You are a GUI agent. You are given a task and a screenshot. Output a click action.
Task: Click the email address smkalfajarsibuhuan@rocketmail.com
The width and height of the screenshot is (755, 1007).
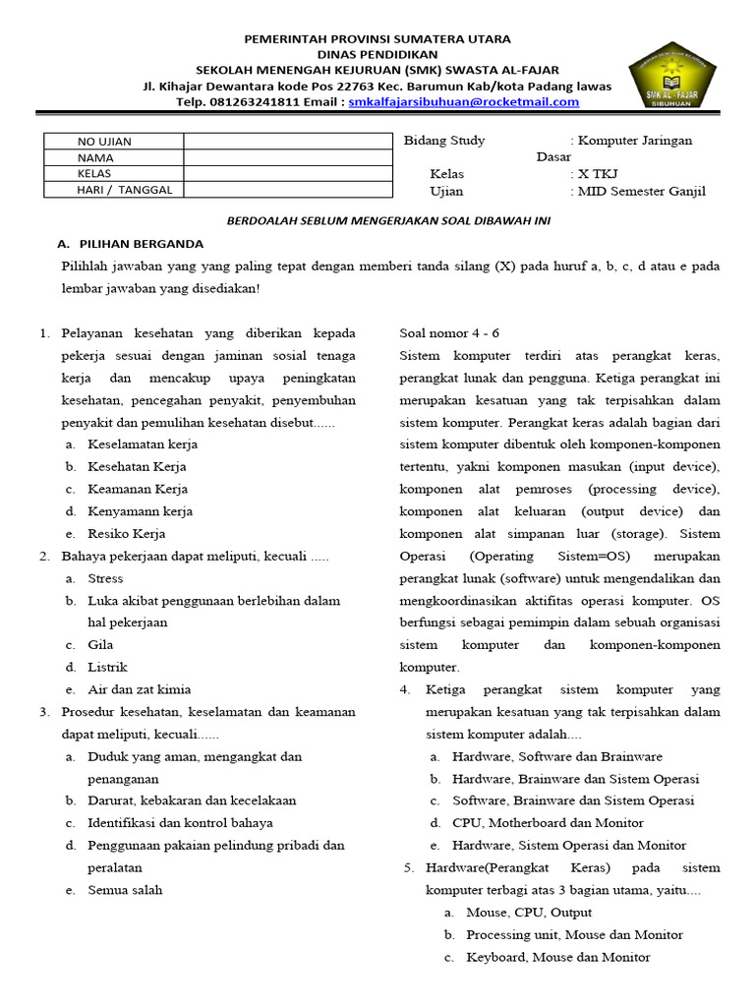coord(464,101)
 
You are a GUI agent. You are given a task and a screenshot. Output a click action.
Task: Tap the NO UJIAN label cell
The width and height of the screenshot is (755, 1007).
coord(113,141)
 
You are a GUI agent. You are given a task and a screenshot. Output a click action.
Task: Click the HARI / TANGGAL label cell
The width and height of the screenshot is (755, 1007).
coord(113,190)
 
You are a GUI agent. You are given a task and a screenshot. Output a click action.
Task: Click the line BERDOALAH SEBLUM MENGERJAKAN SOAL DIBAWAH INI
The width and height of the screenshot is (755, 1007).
coord(389,220)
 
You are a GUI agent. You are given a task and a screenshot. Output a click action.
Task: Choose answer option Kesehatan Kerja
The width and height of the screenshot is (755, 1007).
coord(137,466)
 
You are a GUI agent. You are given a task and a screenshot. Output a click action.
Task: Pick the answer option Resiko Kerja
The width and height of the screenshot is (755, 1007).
coord(127,533)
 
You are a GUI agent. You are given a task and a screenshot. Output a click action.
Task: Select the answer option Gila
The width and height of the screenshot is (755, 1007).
coord(100,644)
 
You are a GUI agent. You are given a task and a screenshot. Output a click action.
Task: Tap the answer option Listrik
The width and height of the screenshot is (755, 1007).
coord(108,667)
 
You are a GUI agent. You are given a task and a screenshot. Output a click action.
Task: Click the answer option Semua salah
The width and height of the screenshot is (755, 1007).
coord(125,890)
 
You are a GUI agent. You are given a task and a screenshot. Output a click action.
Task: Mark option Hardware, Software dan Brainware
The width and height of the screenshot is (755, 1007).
coord(556,756)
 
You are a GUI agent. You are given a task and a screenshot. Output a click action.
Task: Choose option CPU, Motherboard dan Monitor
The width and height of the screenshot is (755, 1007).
coord(548,822)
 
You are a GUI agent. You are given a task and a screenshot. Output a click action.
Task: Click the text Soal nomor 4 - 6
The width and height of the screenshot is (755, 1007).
coord(449,332)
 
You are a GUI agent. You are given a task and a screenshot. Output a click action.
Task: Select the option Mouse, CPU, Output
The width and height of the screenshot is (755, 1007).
coord(529,912)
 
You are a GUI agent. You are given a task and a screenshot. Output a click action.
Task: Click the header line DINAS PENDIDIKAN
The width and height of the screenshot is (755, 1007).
coord(377,54)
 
